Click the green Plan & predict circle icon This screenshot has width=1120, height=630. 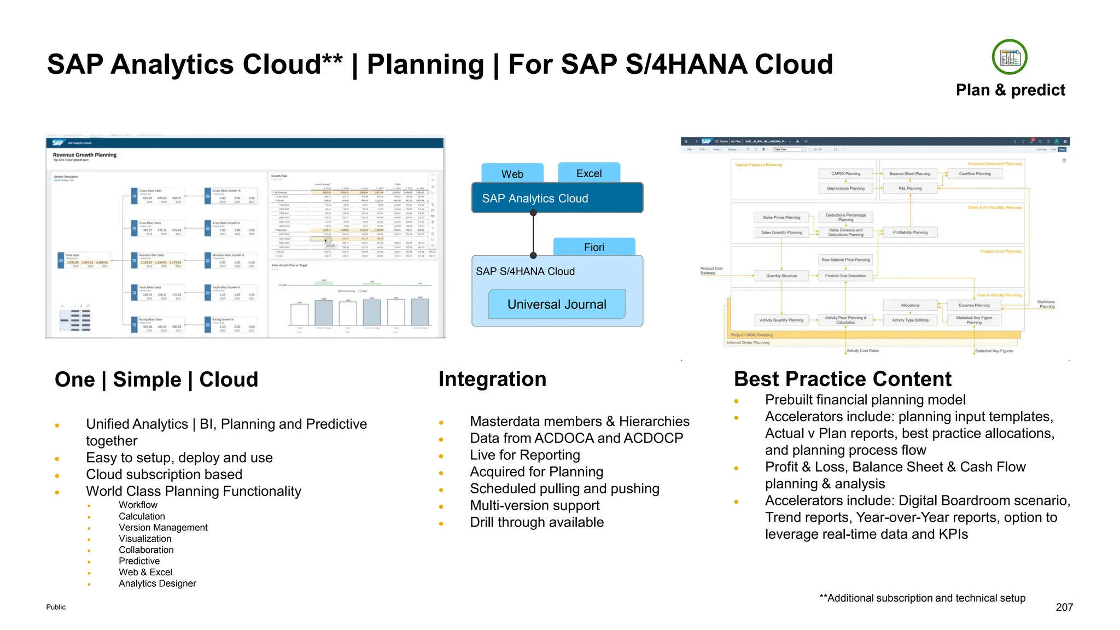coord(1010,57)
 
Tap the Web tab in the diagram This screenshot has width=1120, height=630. coord(512,174)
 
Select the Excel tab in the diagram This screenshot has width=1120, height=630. coord(589,173)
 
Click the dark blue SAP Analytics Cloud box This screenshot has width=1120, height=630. coord(557,198)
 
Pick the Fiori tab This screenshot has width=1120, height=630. coord(594,247)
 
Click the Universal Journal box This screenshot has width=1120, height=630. coord(557,305)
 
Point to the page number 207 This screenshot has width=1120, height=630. coord(1064,607)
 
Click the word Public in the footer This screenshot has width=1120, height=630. coord(56,607)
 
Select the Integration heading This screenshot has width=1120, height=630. coord(492,379)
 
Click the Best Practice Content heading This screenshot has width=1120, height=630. coord(842,379)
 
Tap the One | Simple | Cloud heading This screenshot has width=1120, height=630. coord(156,380)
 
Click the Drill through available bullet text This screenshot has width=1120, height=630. coord(536,522)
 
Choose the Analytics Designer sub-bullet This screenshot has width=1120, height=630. coord(157,584)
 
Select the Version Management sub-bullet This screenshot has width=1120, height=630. coord(163,527)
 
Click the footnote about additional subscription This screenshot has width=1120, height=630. coord(922,598)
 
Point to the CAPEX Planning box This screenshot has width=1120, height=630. coord(845,174)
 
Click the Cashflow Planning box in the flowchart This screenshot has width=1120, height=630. coord(975,174)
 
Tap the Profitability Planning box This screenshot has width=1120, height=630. coord(910,232)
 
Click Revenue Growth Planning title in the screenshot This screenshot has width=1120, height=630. coord(85,155)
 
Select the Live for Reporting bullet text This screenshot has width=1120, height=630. coord(524,455)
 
